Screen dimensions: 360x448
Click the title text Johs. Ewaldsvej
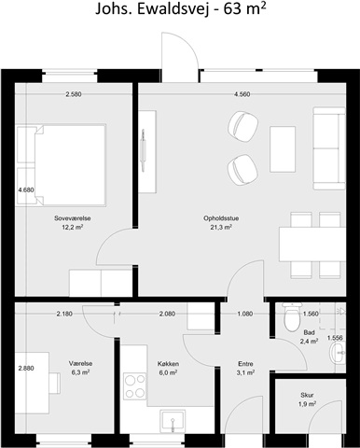click(152, 9)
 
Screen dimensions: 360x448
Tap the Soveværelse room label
click(73, 218)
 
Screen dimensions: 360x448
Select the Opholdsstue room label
click(221, 218)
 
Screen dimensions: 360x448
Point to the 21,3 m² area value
click(221, 227)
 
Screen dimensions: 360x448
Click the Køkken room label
click(168, 364)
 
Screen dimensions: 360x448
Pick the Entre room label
click(245, 364)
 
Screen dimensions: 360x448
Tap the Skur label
click(307, 395)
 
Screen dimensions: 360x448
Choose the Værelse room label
click(80, 364)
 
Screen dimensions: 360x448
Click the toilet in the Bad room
click(292, 316)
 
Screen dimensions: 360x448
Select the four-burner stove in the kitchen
click(135, 386)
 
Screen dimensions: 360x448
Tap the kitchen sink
click(173, 421)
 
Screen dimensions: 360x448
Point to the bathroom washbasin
click(338, 353)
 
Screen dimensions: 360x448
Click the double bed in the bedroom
click(62, 165)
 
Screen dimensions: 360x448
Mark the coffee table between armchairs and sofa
click(283, 149)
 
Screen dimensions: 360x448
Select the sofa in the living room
click(329, 148)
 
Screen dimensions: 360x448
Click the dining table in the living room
click(312, 245)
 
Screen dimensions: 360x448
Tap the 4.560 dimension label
click(242, 94)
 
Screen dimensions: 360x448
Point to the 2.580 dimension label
click(74, 94)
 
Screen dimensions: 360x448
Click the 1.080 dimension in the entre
click(245, 314)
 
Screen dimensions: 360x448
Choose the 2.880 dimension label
click(26, 369)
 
